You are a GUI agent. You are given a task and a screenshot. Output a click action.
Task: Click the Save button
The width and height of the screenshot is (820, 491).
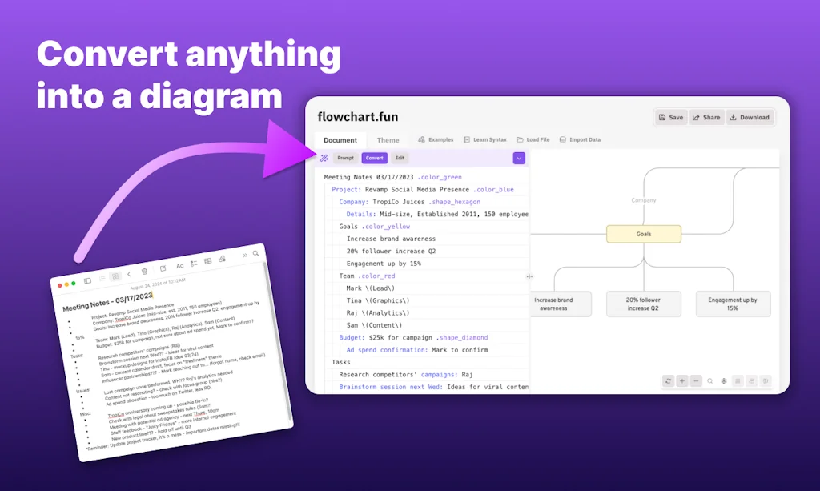671,117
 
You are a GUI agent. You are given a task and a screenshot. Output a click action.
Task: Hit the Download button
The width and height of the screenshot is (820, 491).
749,117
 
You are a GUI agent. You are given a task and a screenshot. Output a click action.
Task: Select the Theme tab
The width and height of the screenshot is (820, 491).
388,140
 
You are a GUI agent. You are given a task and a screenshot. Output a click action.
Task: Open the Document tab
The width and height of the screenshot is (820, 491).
340,140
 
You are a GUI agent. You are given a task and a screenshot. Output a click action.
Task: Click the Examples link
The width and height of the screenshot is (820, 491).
436,139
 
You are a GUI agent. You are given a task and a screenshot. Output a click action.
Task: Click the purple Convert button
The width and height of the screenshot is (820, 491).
374,158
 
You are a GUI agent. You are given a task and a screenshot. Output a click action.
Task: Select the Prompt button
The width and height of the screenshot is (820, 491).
345,158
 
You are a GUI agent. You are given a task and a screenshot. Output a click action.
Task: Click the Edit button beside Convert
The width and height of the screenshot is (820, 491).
400,158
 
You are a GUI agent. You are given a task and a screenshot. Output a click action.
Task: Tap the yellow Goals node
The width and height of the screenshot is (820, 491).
644,234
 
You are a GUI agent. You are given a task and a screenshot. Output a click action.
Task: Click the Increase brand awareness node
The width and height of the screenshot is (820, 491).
553,304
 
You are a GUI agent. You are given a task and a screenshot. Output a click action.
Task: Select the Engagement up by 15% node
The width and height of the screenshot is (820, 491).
732,304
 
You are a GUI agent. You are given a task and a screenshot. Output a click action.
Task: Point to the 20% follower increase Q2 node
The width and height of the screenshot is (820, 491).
643,304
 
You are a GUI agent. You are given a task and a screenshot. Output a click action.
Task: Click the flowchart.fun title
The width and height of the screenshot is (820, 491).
357,117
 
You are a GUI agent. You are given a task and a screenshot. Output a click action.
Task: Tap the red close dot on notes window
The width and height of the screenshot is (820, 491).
58,284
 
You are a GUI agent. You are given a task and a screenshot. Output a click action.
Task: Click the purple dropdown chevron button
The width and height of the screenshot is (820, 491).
519,158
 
